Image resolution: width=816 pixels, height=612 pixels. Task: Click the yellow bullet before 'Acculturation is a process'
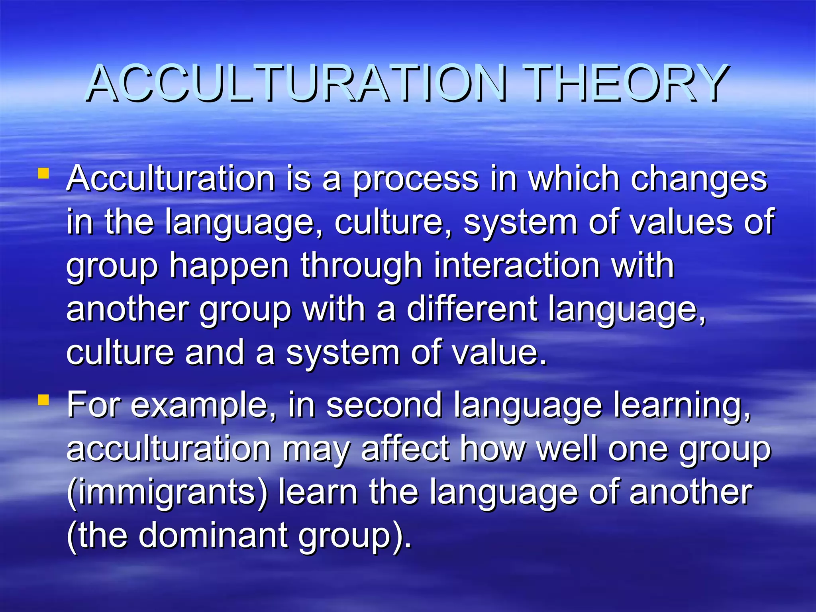[x=43, y=173]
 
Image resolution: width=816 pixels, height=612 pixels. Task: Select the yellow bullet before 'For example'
[x=43, y=400]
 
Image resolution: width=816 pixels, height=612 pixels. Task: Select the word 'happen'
[x=229, y=266]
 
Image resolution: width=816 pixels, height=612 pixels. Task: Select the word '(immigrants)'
[x=167, y=493]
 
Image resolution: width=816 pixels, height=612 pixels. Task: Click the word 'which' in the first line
[x=574, y=179]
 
